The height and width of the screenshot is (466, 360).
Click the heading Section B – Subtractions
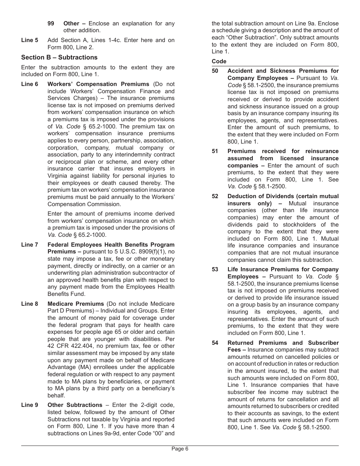59,58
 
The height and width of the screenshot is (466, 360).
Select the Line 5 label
30,40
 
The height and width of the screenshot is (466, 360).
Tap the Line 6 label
30,84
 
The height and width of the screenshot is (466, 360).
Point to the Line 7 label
30,245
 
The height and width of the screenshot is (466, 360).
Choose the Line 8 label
30,304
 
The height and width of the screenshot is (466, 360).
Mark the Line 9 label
30,405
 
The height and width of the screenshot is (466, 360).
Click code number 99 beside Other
51,23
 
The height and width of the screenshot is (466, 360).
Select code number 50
215,71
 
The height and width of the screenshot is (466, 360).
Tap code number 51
215,151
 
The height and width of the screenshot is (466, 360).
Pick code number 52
215,196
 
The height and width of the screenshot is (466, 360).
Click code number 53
215,269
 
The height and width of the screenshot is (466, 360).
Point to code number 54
215,343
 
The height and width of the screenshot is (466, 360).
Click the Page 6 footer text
180,449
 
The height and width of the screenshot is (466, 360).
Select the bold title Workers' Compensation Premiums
98,84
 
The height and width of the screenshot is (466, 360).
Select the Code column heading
219,61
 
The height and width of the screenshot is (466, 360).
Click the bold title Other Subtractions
75,405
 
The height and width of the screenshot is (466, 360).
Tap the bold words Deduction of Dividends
261,196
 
